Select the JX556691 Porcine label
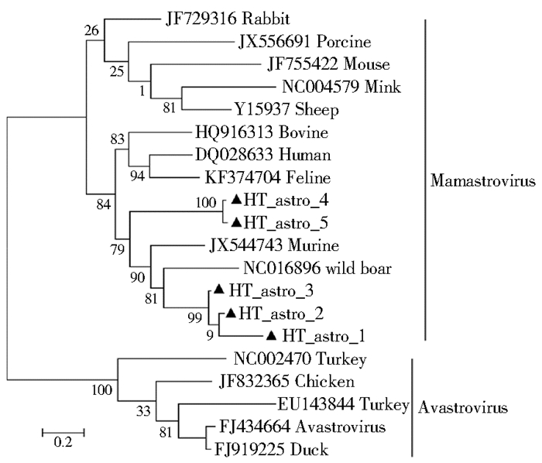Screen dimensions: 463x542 point(293,42)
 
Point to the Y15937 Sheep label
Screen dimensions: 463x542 point(286,110)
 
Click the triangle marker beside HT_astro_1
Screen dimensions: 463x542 point(271,336)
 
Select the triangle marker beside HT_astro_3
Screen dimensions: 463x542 point(219,290)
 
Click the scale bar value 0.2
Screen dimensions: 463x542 point(62,443)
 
